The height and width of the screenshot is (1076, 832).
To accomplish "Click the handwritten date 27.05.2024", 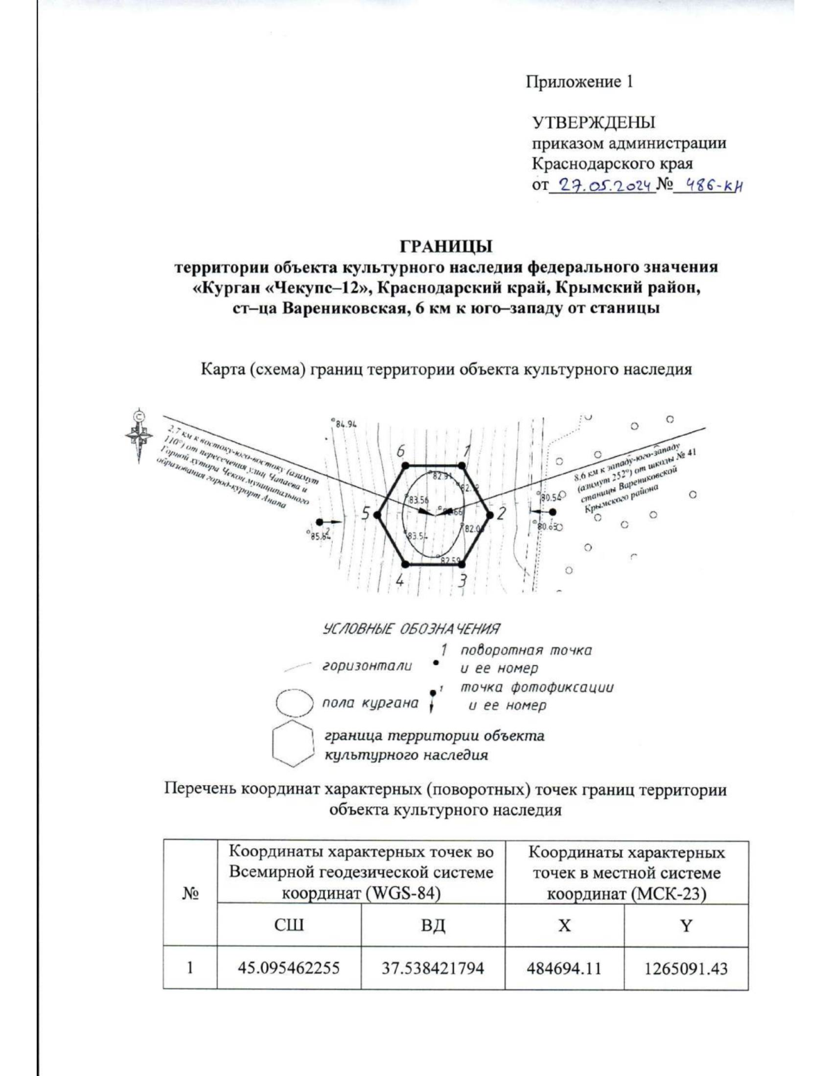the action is (601, 185).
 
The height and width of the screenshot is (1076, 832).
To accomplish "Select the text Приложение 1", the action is (580, 82).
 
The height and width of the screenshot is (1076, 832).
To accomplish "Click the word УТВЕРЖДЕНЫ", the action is (593, 123).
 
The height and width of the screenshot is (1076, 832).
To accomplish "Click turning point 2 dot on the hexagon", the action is (489, 514).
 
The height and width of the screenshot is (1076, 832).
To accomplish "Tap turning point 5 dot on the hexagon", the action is (377, 514).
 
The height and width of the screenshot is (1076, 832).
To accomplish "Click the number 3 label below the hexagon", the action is (462, 581).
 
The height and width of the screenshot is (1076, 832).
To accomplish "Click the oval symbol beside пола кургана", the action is (296, 703).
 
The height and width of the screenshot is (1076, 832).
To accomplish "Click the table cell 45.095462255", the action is (289, 968).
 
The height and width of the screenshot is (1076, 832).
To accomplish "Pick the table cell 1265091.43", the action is (686, 968).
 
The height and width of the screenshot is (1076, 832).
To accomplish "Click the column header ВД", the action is (433, 925).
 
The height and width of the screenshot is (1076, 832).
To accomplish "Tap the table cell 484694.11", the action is (564, 968).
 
